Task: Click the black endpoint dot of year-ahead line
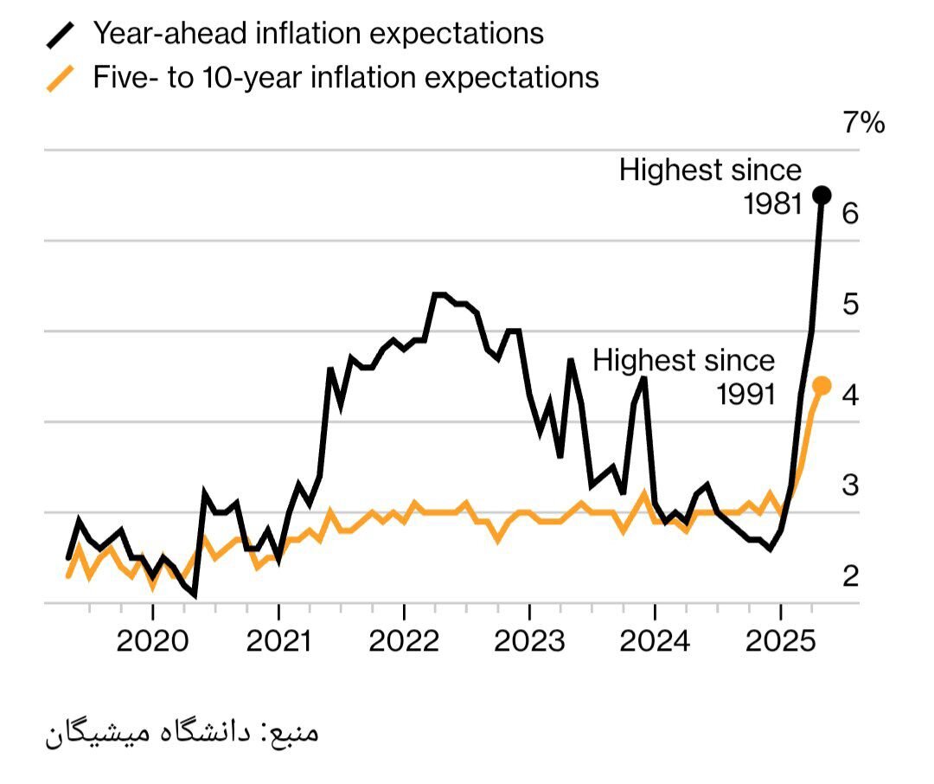point(822,196)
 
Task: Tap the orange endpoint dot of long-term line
point(822,385)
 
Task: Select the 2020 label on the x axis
point(153,641)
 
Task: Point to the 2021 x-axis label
point(278,641)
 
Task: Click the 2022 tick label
point(404,641)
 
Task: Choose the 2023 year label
point(529,641)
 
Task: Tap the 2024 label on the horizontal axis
point(655,641)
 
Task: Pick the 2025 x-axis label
point(780,641)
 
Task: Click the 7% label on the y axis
point(864,124)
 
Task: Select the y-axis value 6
point(850,212)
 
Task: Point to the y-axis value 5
point(850,304)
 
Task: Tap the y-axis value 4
point(850,395)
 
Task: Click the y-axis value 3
point(850,485)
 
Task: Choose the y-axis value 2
point(850,575)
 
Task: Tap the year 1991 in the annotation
point(745,394)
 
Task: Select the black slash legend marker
point(60,35)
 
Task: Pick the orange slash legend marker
point(60,78)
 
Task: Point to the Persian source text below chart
point(182,733)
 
